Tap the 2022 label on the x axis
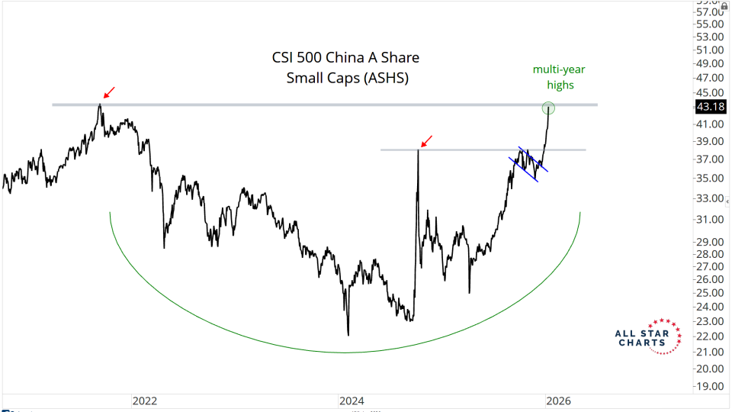point(144,400)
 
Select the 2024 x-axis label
point(352,400)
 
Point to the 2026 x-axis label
point(558,400)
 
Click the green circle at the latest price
point(548,108)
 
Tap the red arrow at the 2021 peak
point(109,92)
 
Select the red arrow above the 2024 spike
point(428,140)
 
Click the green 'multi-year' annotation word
point(559,70)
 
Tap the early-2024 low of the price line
point(348,334)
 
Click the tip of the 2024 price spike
point(418,150)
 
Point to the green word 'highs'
point(559,85)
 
